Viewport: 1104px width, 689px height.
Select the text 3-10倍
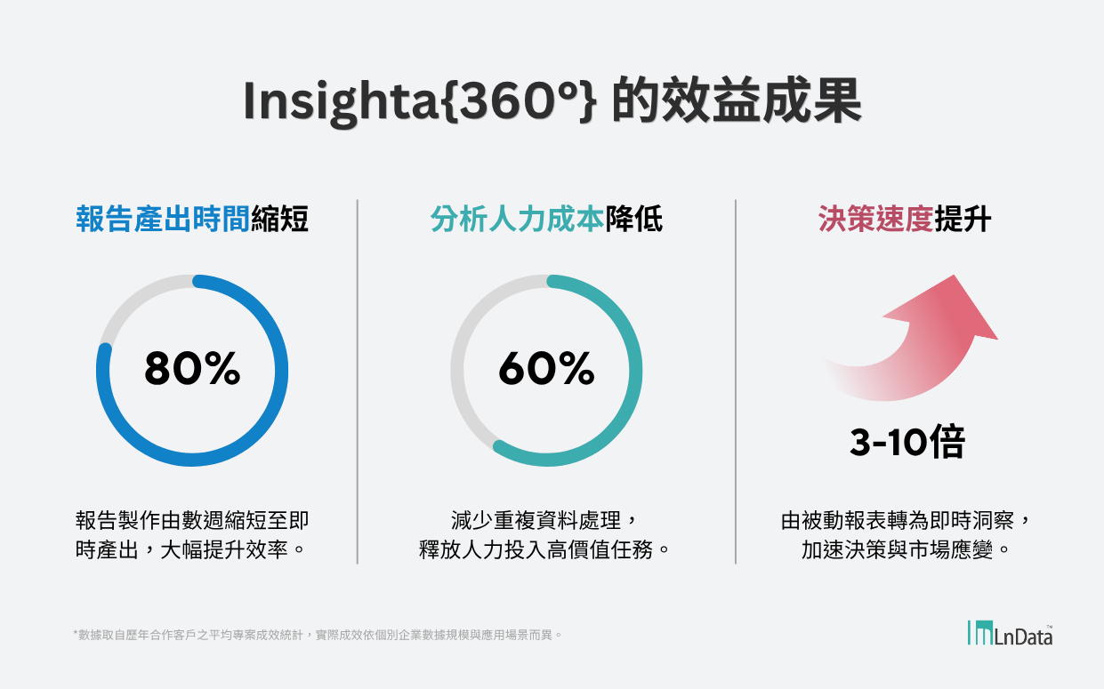tap(907, 442)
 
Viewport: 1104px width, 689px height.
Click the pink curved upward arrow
tap(916, 342)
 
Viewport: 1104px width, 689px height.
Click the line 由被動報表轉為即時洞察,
tap(907, 520)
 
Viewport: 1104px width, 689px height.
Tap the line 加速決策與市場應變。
tap(907, 549)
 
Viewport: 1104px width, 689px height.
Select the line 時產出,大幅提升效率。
tap(191, 549)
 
